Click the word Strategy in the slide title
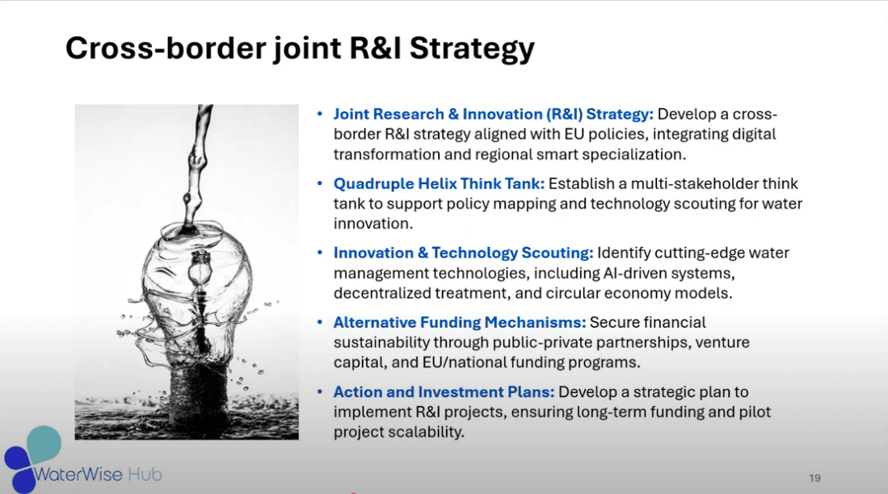coord(472,49)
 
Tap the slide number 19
coord(814,478)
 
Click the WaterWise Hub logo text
coord(98,474)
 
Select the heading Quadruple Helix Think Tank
coord(439,184)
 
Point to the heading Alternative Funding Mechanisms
coord(459,323)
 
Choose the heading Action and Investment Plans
coord(444,392)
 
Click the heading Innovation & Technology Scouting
coord(463,253)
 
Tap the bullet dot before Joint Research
coord(320,115)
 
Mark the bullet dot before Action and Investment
coord(320,391)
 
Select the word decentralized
coord(382,293)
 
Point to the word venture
coord(724,343)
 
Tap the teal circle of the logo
coord(44,444)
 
